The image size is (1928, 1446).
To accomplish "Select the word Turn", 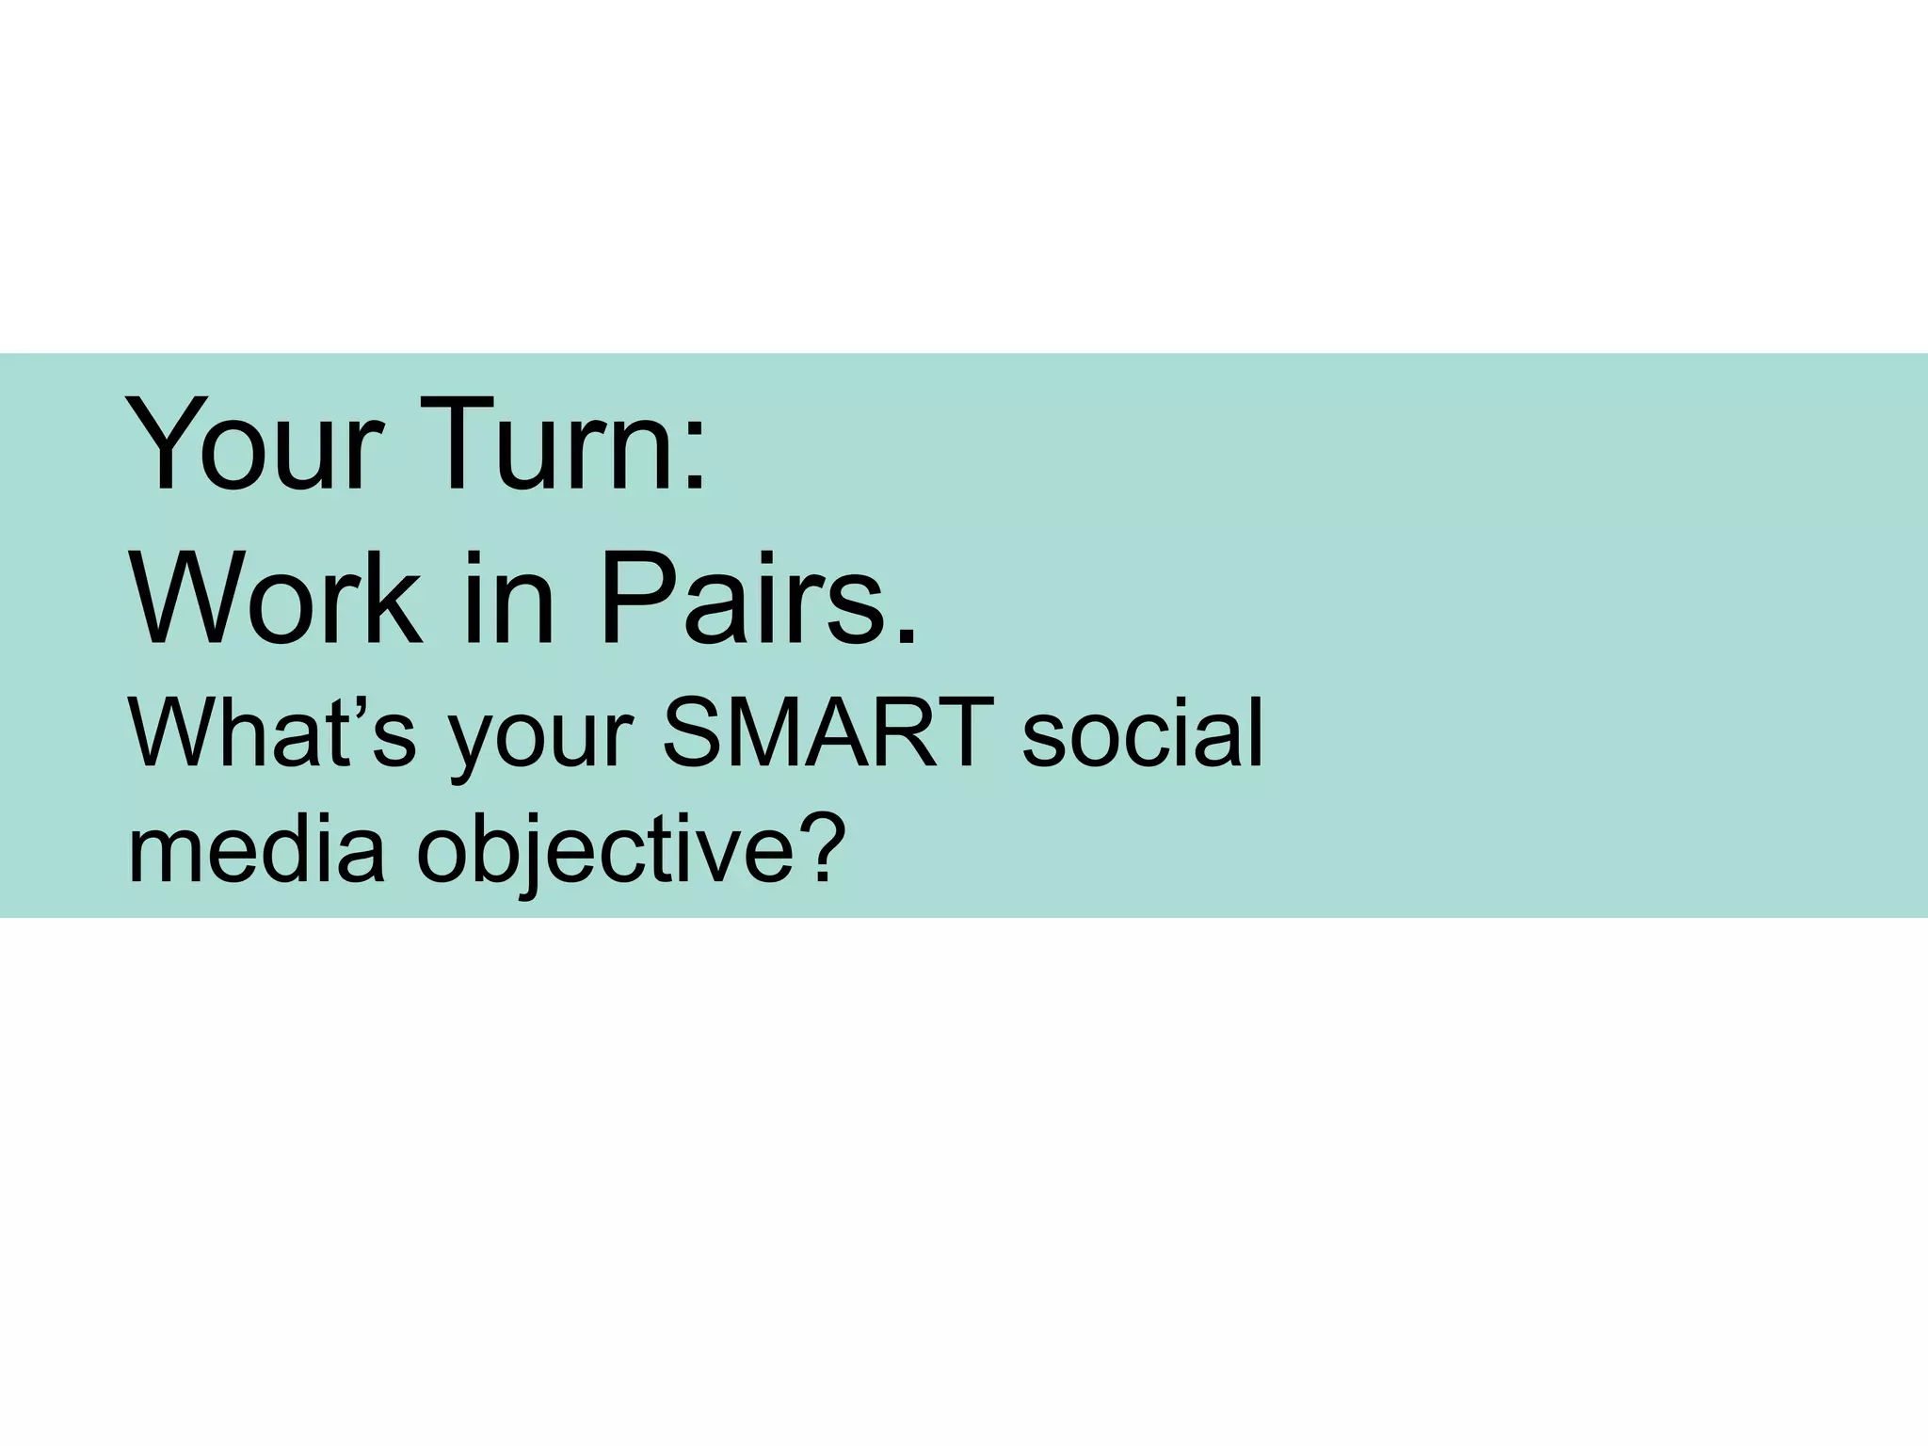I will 546,444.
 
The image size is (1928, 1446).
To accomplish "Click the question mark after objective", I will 811,843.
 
